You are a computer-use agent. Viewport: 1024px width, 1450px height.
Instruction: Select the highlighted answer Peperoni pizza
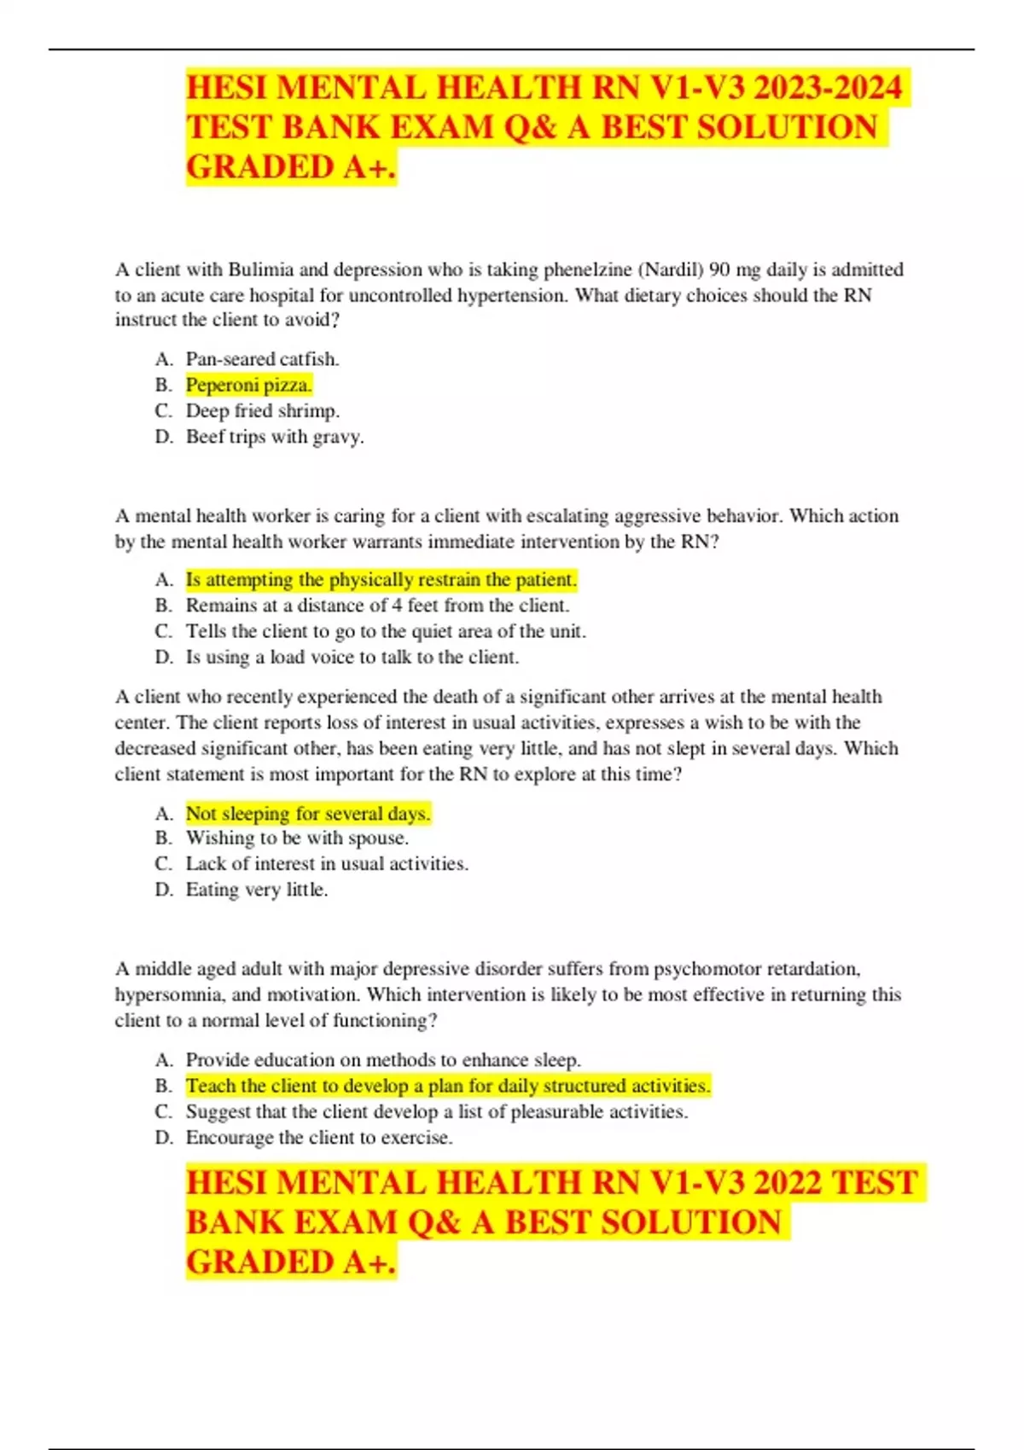pos(248,385)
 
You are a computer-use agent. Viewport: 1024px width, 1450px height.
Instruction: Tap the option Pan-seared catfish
pos(262,359)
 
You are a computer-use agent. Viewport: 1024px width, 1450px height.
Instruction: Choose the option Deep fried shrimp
pos(262,410)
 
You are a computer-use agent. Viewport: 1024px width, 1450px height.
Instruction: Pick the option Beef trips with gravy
pos(275,437)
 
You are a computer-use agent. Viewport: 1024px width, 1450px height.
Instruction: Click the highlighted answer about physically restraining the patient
pos(381,580)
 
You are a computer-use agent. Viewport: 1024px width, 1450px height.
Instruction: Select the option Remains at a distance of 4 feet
pos(377,606)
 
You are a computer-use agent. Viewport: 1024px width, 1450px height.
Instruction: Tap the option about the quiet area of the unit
pos(386,631)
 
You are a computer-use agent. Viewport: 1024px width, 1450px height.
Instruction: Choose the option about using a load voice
pos(352,658)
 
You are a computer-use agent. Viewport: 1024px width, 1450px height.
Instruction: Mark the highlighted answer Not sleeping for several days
pos(307,814)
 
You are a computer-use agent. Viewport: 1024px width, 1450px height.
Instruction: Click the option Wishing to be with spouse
pos(297,838)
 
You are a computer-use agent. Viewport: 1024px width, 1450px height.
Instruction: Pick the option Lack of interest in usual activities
pos(327,864)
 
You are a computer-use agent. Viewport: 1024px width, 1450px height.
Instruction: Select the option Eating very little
pos(257,890)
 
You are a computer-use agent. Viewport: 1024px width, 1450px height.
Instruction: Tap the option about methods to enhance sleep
pos(383,1060)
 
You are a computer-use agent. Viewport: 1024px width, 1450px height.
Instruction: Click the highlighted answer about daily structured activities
pos(447,1086)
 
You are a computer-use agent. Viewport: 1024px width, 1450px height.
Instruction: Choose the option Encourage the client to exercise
pos(319,1138)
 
